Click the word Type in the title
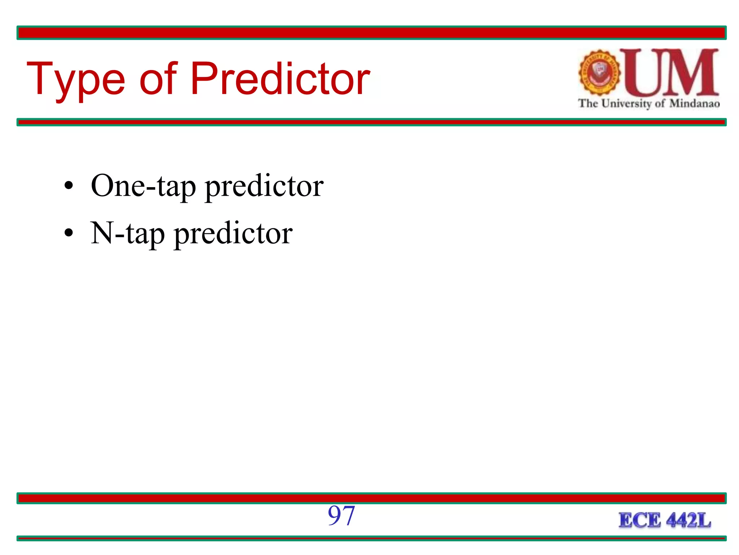tap(76, 79)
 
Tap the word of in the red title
tap(158, 79)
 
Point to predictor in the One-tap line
tap(264, 186)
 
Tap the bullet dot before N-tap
tap(69, 233)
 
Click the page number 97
tap(341, 516)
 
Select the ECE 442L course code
tap(665, 520)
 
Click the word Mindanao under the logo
tap(695, 104)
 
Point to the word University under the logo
tap(627, 104)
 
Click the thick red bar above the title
tap(371, 33)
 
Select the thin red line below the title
tap(371, 122)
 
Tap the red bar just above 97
tap(371, 498)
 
